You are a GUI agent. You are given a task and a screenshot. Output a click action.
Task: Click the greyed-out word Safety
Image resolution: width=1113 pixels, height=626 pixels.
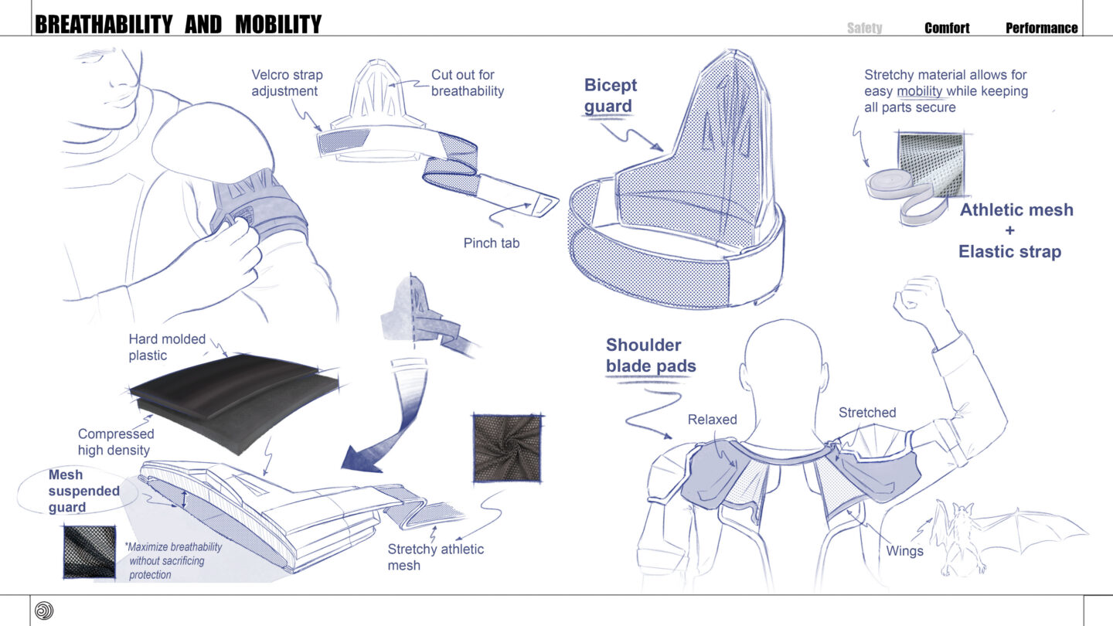(x=865, y=28)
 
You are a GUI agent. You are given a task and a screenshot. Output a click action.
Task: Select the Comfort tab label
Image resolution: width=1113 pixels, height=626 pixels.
(x=947, y=28)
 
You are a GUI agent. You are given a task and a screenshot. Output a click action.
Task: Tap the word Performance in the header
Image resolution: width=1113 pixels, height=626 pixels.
(x=1042, y=28)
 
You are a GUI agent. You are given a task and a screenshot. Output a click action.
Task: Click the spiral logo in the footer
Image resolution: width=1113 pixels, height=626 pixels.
(x=44, y=611)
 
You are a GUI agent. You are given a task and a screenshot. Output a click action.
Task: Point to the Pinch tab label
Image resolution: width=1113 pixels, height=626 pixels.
(x=492, y=243)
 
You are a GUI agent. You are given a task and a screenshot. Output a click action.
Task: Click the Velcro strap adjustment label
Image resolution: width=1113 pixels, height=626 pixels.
(x=288, y=83)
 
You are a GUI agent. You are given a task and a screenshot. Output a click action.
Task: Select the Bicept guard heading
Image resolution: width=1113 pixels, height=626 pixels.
(x=610, y=95)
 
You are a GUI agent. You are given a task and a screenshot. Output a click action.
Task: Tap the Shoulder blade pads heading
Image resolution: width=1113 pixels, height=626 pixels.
(x=651, y=356)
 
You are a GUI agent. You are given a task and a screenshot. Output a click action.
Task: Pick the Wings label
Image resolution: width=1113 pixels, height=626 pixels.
(x=904, y=551)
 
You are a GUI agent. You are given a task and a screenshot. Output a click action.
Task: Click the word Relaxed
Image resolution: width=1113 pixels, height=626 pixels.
(x=712, y=420)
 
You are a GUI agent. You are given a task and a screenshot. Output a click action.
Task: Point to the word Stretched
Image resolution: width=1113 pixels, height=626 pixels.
(x=867, y=413)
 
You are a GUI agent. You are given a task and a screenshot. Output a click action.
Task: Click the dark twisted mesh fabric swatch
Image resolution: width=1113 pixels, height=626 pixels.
(x=507, y=448)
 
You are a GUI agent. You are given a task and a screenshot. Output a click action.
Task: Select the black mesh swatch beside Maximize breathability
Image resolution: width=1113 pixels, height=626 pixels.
(x=90, y=552)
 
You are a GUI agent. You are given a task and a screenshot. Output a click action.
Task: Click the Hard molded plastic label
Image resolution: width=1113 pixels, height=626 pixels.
(x=167, y=347)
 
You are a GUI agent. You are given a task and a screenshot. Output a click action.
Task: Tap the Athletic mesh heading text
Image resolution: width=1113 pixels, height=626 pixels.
(x=1016, y=209)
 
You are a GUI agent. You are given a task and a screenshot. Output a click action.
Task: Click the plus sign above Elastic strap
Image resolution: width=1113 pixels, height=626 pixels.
(x=1009, y=230)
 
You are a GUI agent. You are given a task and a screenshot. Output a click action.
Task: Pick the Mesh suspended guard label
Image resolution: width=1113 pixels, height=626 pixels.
(x=84, y=491)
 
